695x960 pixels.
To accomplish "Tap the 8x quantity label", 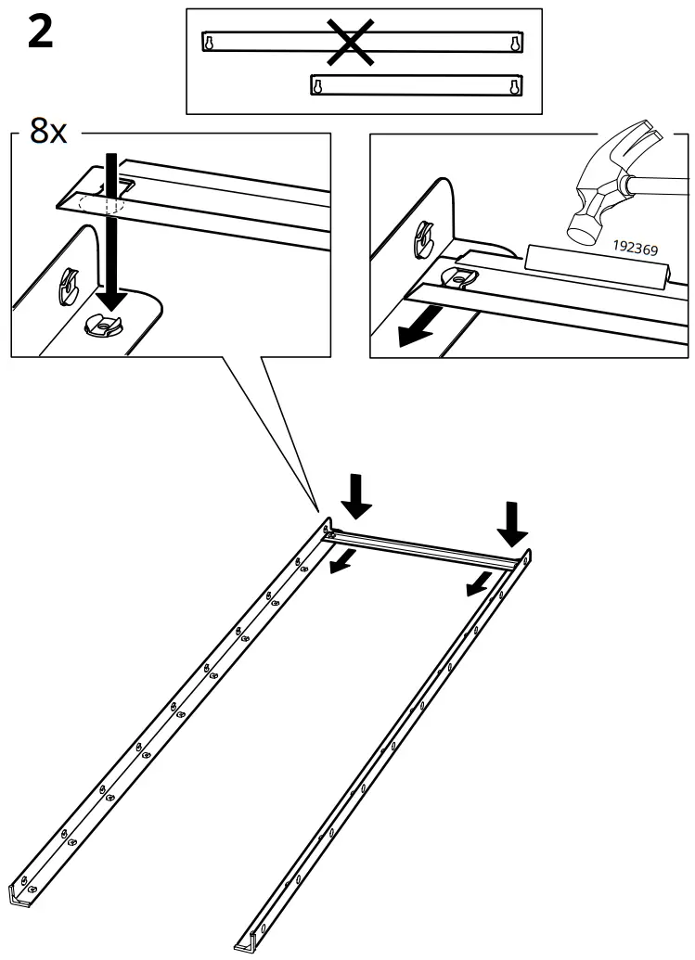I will (48, 132).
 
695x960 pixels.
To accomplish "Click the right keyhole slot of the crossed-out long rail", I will (511, 43).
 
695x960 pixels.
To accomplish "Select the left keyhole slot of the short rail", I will (319, 86).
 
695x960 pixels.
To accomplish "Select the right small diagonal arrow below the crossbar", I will (479, 582).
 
